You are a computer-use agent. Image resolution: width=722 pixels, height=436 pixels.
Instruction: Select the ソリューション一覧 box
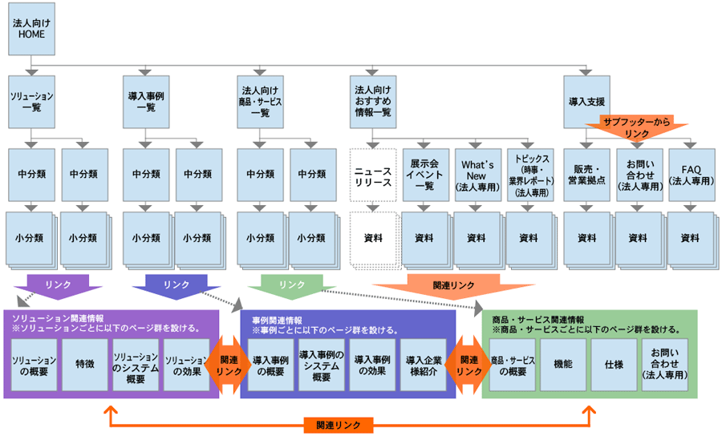[31, 102]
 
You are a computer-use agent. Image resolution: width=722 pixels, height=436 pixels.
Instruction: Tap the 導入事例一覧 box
[146, 102]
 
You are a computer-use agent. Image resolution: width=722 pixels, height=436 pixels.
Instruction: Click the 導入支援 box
[586, 102]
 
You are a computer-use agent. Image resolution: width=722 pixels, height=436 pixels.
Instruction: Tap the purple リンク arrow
[63, 285]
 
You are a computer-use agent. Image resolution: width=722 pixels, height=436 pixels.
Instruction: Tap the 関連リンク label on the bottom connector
[338, 424]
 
